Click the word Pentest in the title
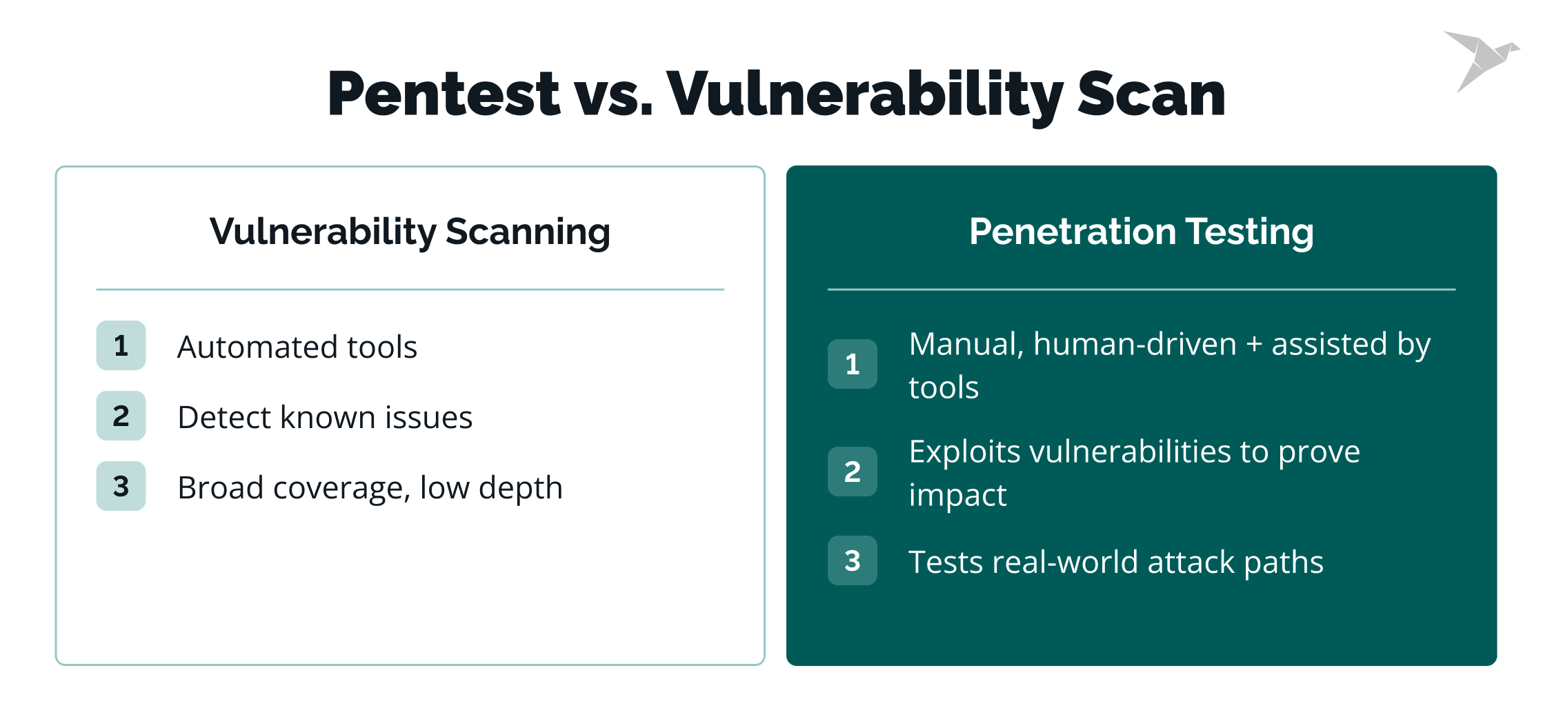tap(443, 94)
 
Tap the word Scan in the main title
tap(1151, 94)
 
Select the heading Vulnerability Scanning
tap(410, 232)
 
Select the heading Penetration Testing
tap(1141, 232)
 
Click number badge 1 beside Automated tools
tap(121, 345)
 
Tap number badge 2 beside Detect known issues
tap(121, 416)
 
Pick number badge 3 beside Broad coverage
tap(121, 486)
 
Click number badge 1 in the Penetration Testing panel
tap(852, 364)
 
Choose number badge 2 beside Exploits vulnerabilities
tap(852, 472)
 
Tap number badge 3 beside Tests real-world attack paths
tap(852, 560)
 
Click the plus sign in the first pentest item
tap(1254, 345)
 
